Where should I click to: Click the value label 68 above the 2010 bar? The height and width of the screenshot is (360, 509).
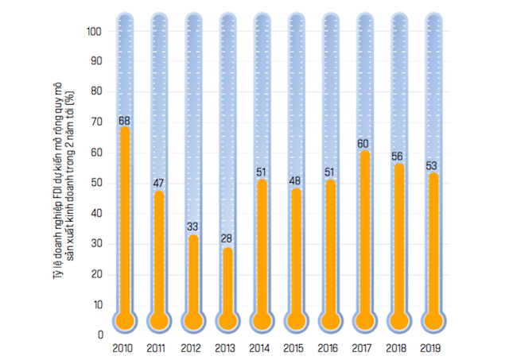click(124, 121)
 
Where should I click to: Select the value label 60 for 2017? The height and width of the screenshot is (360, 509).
click(363, 145)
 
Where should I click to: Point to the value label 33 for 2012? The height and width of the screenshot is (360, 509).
click(192, 226)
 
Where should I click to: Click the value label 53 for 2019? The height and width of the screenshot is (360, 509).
click(432, 166)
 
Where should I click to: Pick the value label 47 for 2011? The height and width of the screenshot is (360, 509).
click(158, 184)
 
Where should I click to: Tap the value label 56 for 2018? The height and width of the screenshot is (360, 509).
click(398, 157)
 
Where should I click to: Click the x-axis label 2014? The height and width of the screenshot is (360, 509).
click(260, 348)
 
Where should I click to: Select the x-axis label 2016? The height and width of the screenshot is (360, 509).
click(328, 348)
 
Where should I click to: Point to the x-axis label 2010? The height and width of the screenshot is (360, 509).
click(123, 348)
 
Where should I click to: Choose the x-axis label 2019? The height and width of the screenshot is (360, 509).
click(431, 348)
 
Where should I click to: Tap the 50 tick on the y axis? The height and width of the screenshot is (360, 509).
click(97, 184)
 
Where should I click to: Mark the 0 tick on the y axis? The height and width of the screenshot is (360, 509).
click(100, 335)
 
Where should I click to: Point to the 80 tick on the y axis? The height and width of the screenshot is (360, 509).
click(97, 92)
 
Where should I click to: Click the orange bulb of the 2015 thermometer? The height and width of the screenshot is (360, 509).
click(295, 320)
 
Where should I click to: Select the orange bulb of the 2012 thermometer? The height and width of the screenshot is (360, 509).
click(192, 320)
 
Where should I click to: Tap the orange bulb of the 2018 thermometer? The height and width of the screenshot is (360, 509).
click(398, 320)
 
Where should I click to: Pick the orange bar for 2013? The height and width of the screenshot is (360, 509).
click(227, 282)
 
